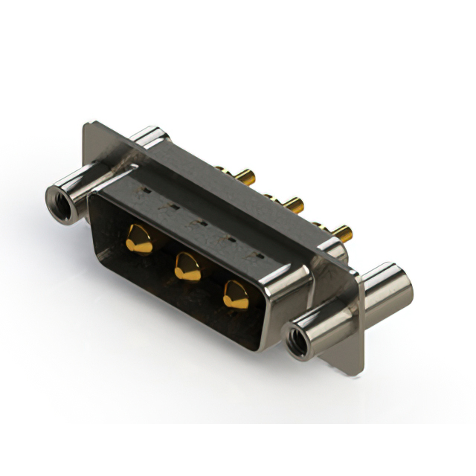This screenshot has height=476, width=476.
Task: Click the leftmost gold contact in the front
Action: [x=139, y=239]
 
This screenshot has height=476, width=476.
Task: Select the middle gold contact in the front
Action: [x=187, y=266]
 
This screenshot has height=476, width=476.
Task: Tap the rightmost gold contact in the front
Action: [x=236, y=295]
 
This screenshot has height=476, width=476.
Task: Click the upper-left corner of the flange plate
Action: [x=88, y=126]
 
